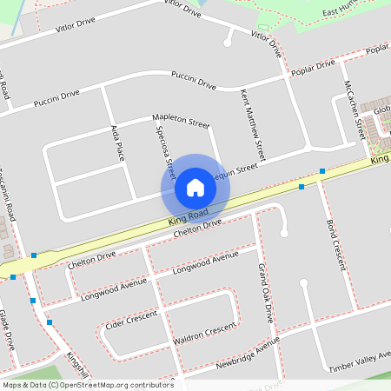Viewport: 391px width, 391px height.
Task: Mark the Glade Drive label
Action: pos(7,330)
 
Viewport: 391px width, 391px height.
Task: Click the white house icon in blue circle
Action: pos(195,187)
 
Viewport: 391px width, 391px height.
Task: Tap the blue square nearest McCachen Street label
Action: pos(322,171)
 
